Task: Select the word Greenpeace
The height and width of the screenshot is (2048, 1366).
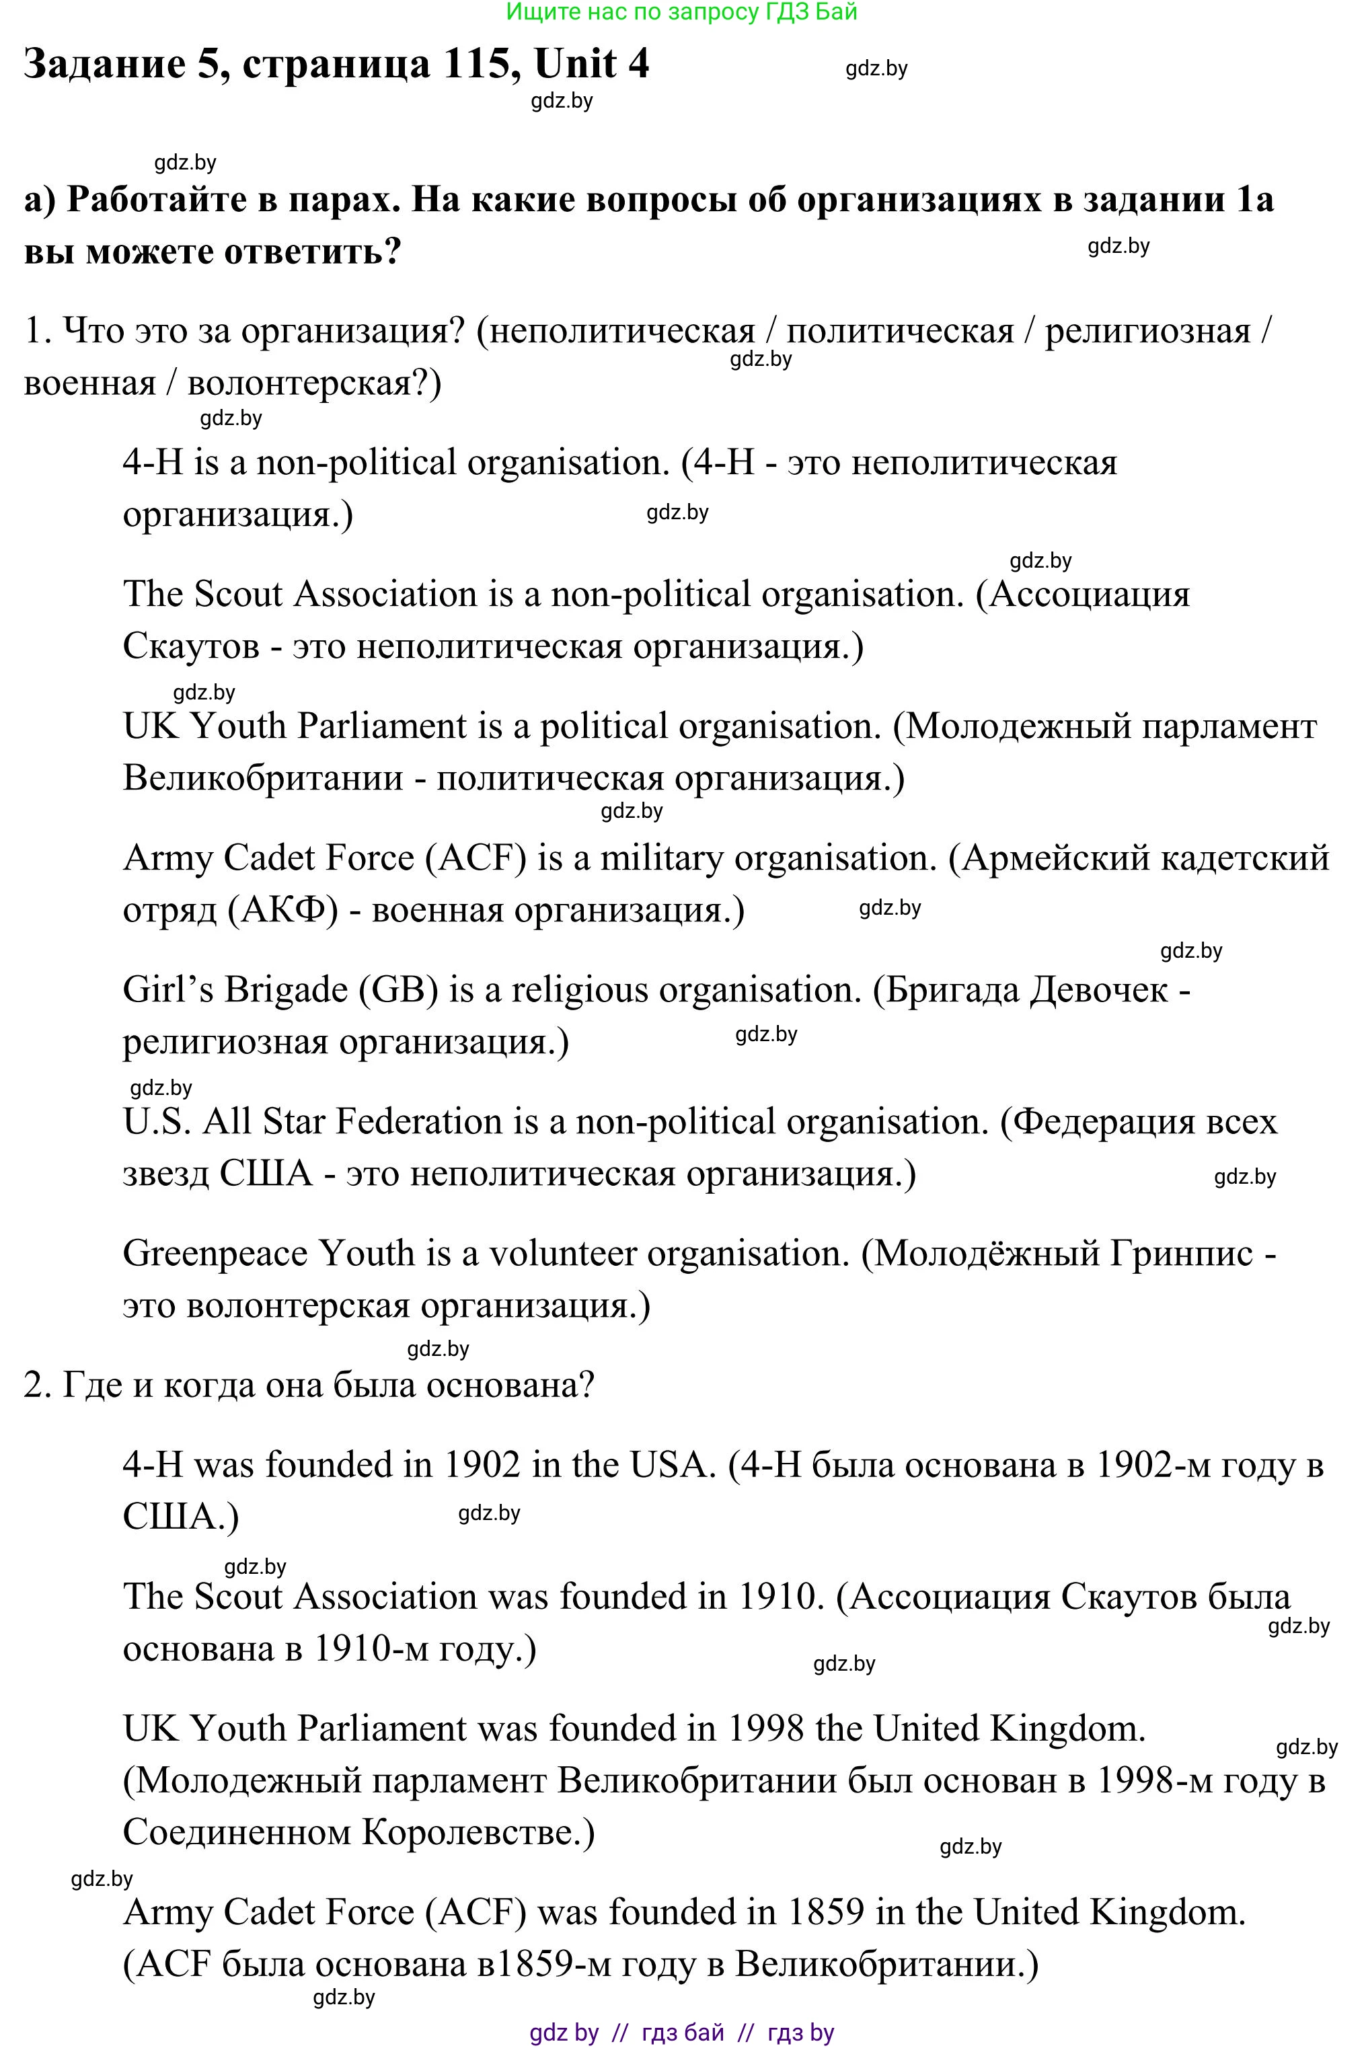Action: click(215, 1254)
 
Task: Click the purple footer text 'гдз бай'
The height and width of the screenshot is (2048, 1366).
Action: click(682, 2033)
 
